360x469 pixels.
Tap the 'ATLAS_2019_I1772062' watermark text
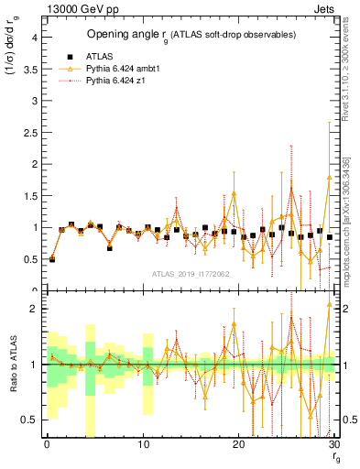tap(191, 274)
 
